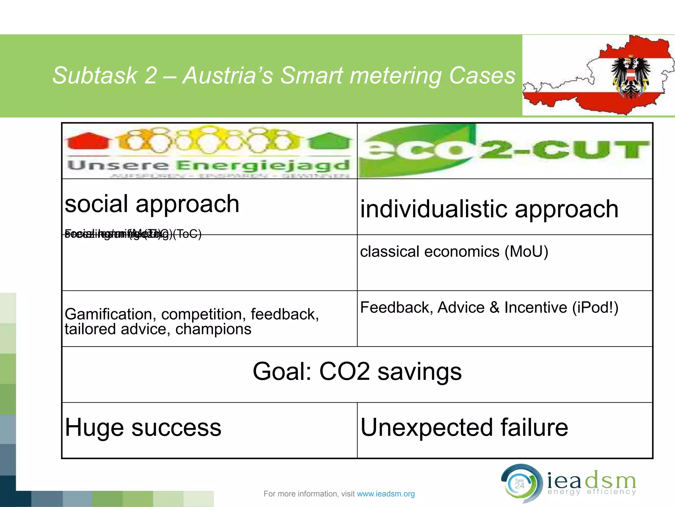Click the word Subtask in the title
pos(95,76)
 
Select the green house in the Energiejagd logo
pos(330,142)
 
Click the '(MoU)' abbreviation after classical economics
pos(526,252)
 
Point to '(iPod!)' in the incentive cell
pos(595,308)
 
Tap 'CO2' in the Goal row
pos(344,371)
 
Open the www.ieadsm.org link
pos(386,494)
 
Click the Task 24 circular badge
pos(520,484)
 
